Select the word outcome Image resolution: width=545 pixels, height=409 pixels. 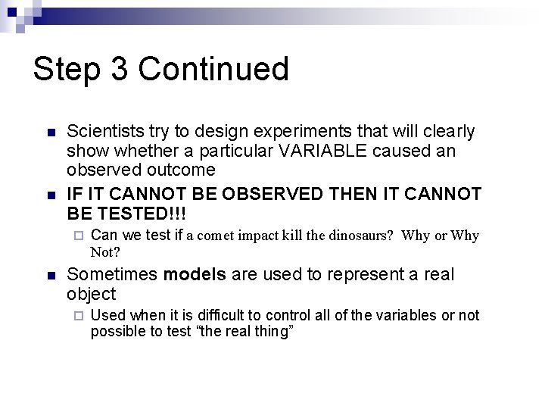click(178, 170)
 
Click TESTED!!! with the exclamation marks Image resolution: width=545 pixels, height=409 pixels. click(137, 213)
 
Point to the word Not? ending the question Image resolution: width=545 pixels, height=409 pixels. click(107, 251)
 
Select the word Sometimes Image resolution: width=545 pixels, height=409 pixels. click(114, 274)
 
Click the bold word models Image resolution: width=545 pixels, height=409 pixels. click(195, 274)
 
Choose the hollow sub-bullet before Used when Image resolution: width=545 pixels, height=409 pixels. click(78, 316)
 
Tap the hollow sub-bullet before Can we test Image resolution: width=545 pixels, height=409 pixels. click(78, 236)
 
